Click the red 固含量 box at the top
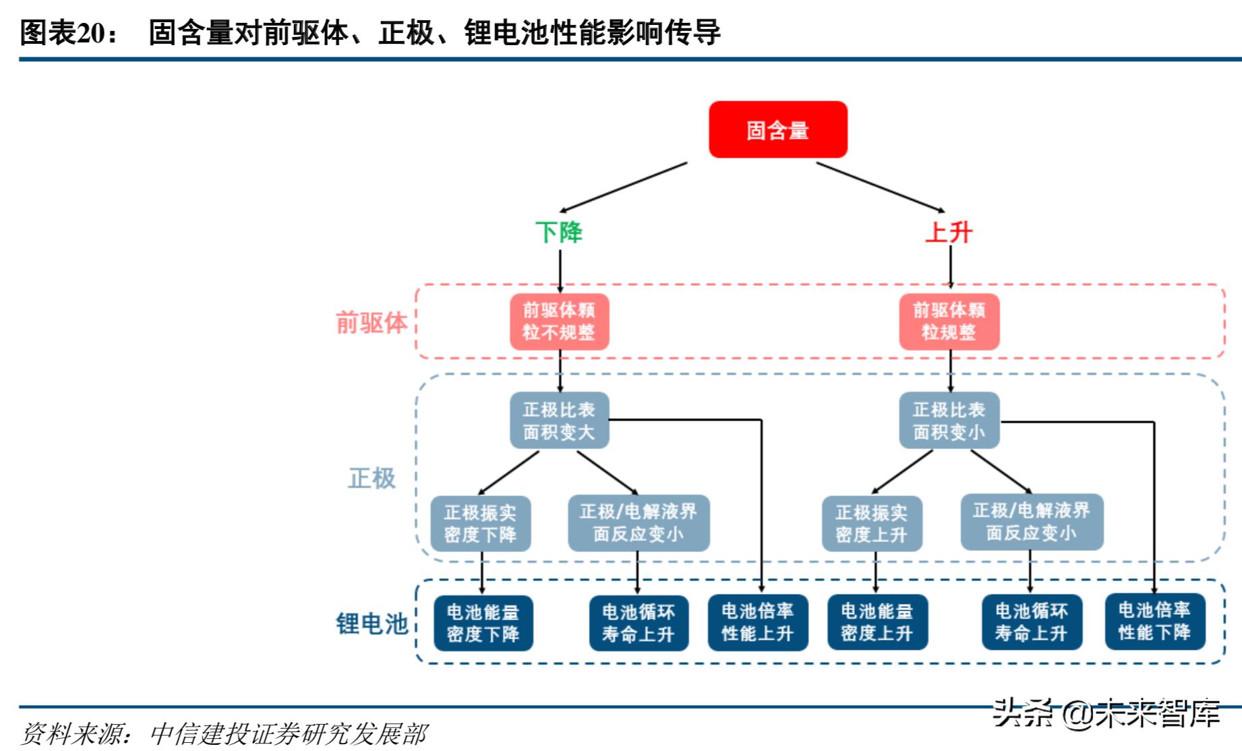click(x=777, y=129)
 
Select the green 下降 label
click(x=558, y=233)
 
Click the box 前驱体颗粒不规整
click(x=559, y=321)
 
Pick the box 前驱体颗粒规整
click(x=949, y=321)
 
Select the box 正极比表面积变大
click(x=559, y=420)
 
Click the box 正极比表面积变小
click(x=949, y=420)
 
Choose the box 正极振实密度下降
click(x=480, y=524)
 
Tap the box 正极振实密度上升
click(x=871, y=524)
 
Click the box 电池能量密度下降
click(x=483, y=623)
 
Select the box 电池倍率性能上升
click(x=757, y=622)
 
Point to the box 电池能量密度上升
click(x=877, y=622)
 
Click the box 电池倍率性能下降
click(x=1154, y=621)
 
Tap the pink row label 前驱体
click(x=372, y=323)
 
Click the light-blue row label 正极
click(x=372, y=478)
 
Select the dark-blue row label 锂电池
click(x=372, y=624)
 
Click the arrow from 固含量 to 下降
click(x=624, y=187)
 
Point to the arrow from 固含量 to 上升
click(x=880, y=187)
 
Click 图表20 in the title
click(x=68, y=32)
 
